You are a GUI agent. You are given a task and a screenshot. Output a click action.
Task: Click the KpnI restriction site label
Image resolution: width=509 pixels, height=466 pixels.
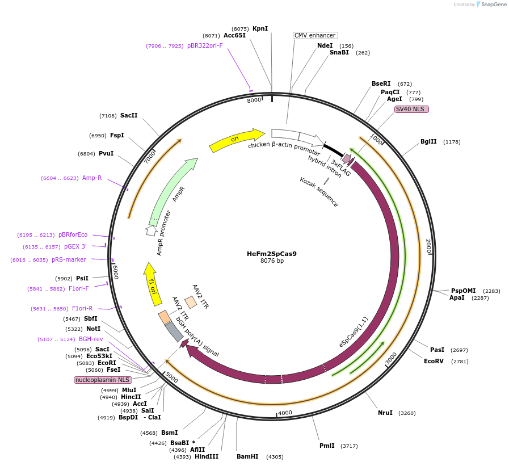[260, 28]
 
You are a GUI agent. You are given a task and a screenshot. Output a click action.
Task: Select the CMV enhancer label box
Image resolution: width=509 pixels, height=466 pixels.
[315, 35]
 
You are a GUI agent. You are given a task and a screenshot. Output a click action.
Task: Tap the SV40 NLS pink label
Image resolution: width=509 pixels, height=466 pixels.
[411, 109]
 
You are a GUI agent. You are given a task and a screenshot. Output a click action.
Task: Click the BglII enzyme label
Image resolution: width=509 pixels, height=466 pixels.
[428, 141]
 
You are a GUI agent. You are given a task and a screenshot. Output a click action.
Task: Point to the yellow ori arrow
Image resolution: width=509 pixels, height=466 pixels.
[236, 140]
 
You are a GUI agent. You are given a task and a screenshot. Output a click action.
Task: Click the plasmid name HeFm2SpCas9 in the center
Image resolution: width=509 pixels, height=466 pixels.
[271, 254]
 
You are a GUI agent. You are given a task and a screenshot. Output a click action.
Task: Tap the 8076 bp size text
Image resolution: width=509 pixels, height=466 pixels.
[272, 261]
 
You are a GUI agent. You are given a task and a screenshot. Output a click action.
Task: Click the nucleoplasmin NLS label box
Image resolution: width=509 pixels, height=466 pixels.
[103, 380]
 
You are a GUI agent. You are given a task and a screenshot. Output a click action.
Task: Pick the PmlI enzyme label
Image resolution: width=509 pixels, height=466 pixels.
[327, 446]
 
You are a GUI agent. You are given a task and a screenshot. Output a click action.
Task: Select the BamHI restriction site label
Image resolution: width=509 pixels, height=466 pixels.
[247, 456]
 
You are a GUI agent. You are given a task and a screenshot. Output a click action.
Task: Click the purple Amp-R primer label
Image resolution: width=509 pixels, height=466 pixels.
[92, 178]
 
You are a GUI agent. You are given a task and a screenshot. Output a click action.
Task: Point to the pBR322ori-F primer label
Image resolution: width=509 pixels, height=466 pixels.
[205, 45]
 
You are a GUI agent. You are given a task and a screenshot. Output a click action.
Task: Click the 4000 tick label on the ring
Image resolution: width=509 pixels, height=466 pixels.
[285, 413]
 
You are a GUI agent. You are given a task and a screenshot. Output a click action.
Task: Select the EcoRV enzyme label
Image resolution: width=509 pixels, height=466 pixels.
[434, 361]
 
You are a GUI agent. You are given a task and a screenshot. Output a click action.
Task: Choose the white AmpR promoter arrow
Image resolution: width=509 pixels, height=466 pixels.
[150, 230]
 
